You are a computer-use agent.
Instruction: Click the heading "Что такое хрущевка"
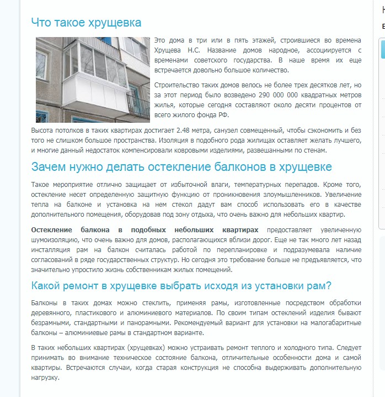tap(86, 23)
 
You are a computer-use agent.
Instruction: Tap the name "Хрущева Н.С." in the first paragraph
tap(179, 50)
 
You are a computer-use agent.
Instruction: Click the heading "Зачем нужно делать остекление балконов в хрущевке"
tap(181, 167)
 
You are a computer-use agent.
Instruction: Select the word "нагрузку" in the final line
tap(45, 378)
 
